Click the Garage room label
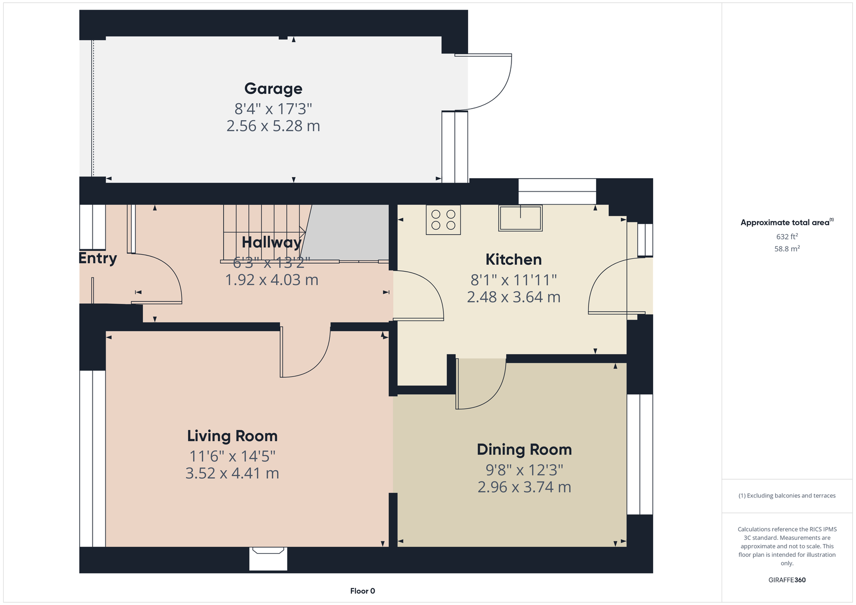click(273, 89)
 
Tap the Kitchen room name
click(514, 259)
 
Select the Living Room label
click(232, 436)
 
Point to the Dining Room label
click(524, 449)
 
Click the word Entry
click(98, 258)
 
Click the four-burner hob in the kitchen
click(444, 220)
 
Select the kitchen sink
click(521, 218)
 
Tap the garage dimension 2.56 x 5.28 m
click(273, 126)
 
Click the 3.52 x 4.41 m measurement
click(232, 473)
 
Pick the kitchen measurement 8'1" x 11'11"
click(514, 280)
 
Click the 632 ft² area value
click(787, 236)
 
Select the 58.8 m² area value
click(787, 249)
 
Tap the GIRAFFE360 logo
click(787, 580)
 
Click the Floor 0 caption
click(362, 591)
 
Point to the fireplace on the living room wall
click(268, 559)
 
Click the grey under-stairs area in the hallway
click(346, 231)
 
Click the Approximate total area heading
click(787, 223)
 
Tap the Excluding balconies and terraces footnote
click(787, 496)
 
